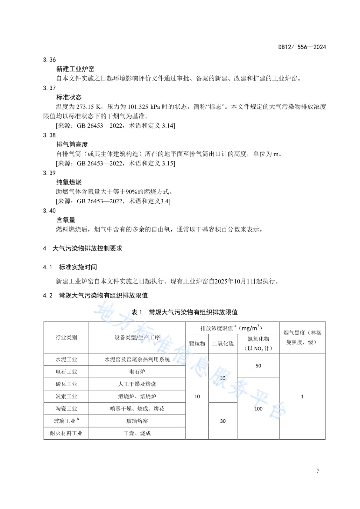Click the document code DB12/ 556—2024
point(302,47)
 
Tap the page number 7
point(317,471)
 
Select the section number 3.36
point(49,60)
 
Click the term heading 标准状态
point(69,97)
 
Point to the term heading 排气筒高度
point(72,144)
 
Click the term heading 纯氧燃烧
point(69,182)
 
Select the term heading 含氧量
point(66,220)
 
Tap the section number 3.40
point(49,211)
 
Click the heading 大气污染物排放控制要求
point(87,248)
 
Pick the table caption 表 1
point(137,312)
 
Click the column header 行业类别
point(66,338)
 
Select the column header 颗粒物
point(197,344)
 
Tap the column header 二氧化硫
point(223,344)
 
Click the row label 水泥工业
point(66,359)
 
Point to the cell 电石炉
point(137,372)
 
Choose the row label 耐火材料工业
point(66,433)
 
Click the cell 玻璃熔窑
point(137,421)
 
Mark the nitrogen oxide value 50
point(258,366)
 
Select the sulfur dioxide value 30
point(223,421)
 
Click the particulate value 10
point(197,396)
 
